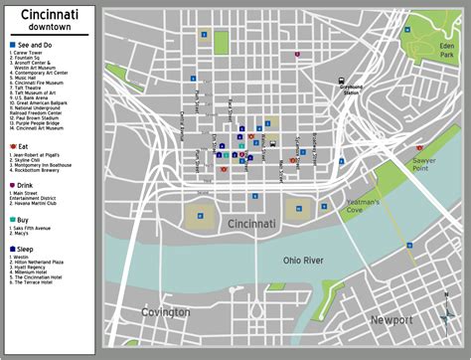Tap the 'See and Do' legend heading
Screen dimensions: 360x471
[34, 46]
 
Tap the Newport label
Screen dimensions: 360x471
[391, 319]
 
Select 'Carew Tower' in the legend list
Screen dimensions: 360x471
[30, 56]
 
